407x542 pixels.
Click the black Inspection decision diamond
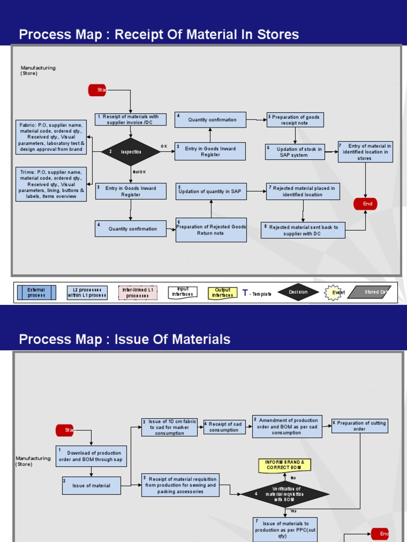point(131,152)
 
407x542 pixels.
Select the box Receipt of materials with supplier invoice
point(130,120)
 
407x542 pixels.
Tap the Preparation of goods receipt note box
point(295,120)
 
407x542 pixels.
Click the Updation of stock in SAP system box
point(294,152)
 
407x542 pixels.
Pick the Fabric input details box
point(51,137)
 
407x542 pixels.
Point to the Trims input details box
point(51,184)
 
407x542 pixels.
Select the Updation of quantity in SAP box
point(211,191)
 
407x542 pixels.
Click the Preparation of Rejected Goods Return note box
point(211,230)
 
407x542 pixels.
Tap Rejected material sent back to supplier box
point(303,230)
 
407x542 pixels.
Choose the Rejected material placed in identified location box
point(302,191)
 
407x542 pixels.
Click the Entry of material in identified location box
point(365,152)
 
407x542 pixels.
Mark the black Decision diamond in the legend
point(298,292)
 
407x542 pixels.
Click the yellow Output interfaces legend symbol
point(223,293)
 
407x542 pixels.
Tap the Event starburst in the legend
point(334,292)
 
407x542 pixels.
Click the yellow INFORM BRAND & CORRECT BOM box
point(285,465)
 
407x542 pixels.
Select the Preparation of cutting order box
point(359,426)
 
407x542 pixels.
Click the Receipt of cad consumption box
point(225,427)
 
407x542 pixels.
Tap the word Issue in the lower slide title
point(129,339)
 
